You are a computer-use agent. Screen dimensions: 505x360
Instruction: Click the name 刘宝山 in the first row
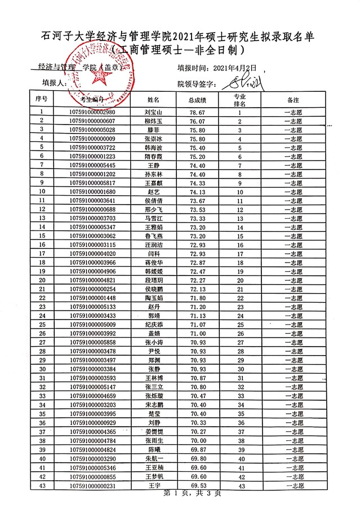pyautogui.click(x=153, y=112)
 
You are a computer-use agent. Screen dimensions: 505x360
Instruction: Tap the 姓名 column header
pyautogui.click(x=153, y=99)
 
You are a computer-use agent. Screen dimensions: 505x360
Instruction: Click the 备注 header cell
pyautogui.click(x=293, y=99)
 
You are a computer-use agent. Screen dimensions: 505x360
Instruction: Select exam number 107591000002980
pyautogui.click(x=92, y=112)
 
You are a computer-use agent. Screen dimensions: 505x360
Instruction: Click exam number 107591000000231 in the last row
pyautogui.click(x=92, y=485)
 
